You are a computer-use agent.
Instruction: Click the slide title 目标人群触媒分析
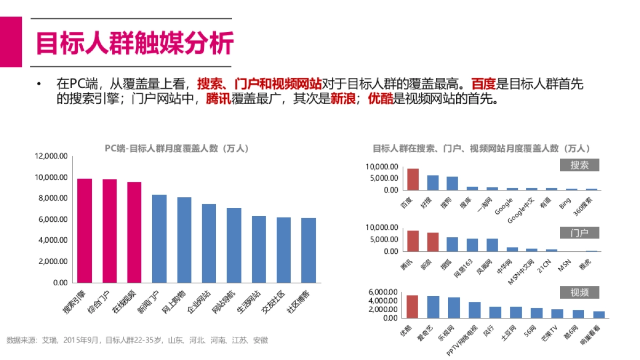pos(134,43)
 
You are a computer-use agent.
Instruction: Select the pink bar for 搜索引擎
pos(85,230)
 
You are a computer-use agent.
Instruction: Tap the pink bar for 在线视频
pos(134,232)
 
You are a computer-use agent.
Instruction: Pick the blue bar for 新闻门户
pos(159,238)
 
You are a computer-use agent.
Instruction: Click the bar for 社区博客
pos(308,250)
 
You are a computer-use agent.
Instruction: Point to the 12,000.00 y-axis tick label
pos(51,156)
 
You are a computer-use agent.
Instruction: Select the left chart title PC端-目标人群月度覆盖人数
pos(177,148)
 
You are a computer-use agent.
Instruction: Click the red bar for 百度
pos(413,179)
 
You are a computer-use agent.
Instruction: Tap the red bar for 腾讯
pos(413,241)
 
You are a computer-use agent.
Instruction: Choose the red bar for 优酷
pos(412,306)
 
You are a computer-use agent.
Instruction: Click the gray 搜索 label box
pos(579,165)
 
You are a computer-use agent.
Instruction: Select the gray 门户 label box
pos(579,233)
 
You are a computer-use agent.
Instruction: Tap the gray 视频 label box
pos(579,292)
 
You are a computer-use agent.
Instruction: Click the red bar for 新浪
pos(433,242)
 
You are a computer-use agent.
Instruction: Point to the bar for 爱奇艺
pos(433,307)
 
